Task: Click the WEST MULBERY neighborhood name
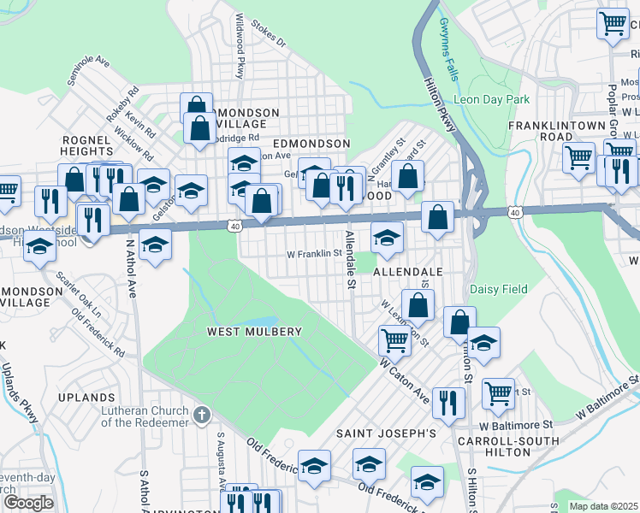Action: click(x=254, y=332)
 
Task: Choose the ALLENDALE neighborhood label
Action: click(x=407, y=271)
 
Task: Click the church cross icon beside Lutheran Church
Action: click(x=201, y=416)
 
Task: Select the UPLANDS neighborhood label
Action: click(x=86, y=398)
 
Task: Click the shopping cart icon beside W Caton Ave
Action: click(x=394, y=339)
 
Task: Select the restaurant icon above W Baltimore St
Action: click(x=448, y=401)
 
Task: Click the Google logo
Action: click(x=28, y=503)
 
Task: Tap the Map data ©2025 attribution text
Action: click(x=603, y=506)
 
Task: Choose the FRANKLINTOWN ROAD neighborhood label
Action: click(x=552, y=130)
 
